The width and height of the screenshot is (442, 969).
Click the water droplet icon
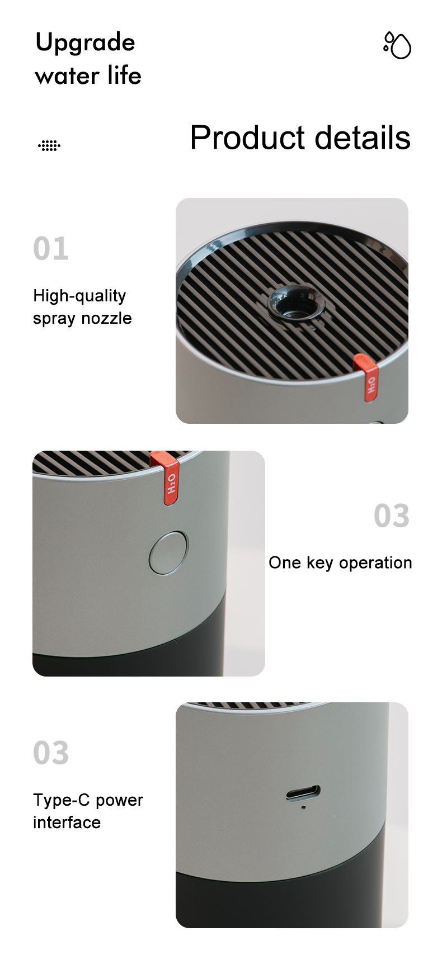tap(397, 45)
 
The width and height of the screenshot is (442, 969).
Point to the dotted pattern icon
tap(49, 145)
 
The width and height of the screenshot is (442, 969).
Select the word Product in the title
tap(248, 138)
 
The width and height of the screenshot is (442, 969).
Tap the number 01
tap(51, 248)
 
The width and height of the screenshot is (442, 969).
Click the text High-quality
tap(79, 296)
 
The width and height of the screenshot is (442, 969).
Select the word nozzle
tap(107, 318)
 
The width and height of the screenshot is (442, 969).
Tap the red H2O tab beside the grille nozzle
tap(367, 377)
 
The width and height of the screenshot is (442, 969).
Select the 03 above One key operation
tap(392, 516)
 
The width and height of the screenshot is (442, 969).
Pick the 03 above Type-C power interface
tap(51, 753)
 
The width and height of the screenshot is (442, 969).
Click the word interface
tap(67, 823)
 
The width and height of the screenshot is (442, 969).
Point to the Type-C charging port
tap(303, 793)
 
